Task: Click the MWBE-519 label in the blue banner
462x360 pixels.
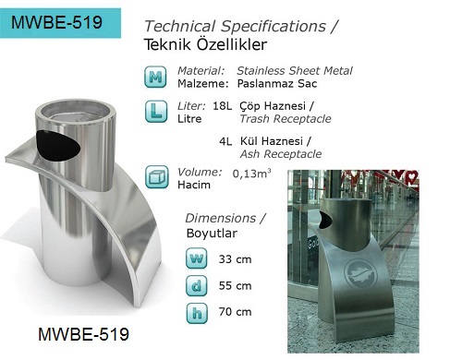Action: tap(56, 22)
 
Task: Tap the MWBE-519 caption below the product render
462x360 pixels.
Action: tap(83, 334)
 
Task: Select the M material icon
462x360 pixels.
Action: tap(156, 77)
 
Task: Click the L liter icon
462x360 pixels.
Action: tap(156, 112)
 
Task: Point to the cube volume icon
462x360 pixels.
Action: tap(157, 177)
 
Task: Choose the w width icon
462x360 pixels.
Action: tap(197, 258)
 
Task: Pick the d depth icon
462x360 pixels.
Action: tap(197, 285)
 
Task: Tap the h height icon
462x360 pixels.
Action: tap(197, 313)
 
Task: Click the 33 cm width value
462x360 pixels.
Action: tap(235, 259)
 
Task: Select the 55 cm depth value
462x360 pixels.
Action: tap(235, 286)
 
